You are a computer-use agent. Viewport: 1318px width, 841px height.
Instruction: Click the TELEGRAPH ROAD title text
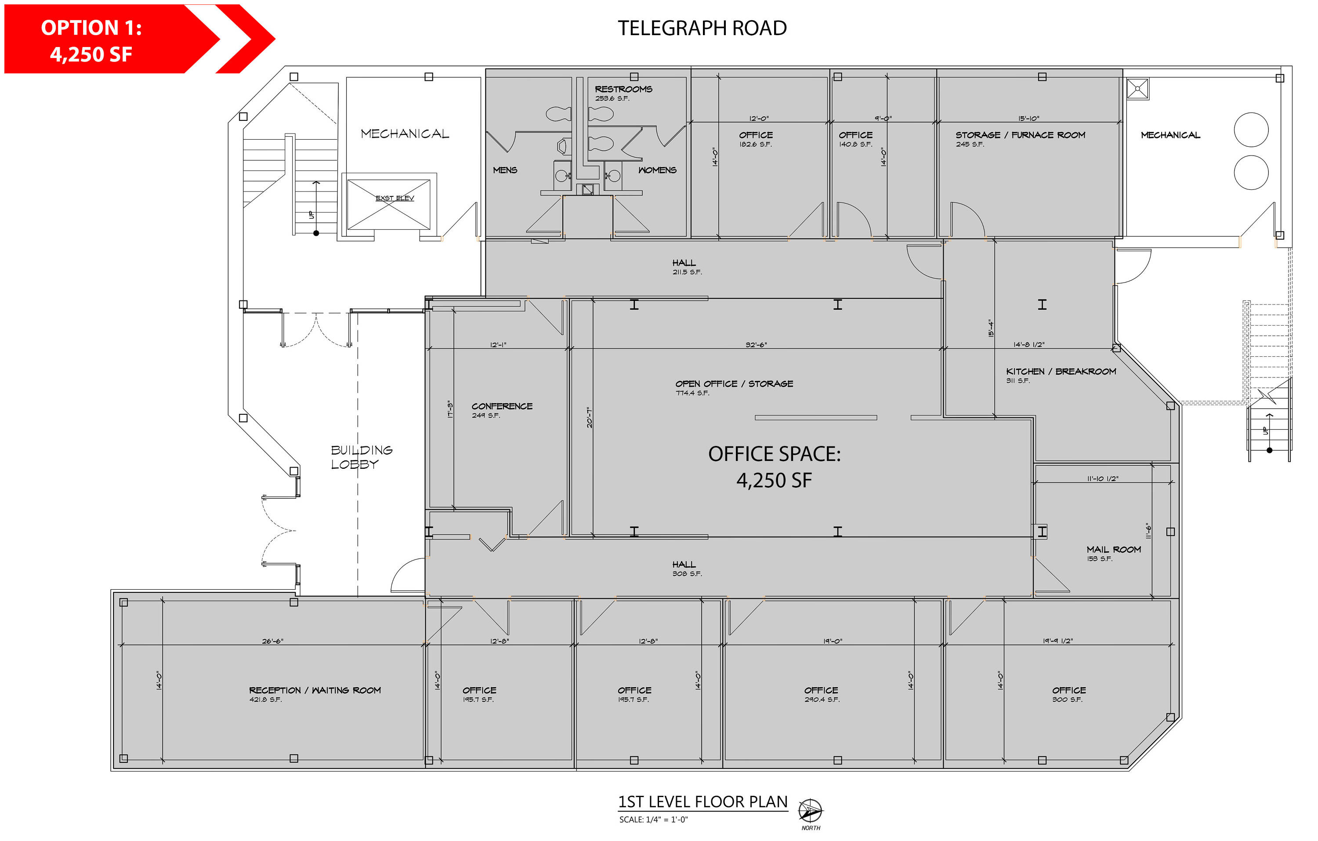click(x=702, y=28)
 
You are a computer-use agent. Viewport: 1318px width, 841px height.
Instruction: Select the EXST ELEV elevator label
click(x=395, y=198)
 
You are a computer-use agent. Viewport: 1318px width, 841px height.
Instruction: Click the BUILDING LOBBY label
click(x=361, y=457)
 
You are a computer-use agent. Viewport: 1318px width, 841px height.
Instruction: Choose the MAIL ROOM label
click(x=1114, y=549)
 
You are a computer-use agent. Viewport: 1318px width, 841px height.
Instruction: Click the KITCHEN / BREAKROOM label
click(x=1061, y=371)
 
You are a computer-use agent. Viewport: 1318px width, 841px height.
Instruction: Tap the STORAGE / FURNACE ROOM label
click(x=1020, y=135)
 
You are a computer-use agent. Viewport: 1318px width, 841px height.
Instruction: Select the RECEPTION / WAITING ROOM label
click(x=315, y=690)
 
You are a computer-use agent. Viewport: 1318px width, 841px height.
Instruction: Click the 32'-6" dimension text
click(x=756, y=344)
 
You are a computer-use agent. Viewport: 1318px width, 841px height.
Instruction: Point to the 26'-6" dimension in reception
click(x=272, y=641)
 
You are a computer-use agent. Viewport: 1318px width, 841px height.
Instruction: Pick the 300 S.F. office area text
click(x=1067, y=699)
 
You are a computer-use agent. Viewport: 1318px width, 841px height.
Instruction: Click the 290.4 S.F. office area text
click(x=822, y=699)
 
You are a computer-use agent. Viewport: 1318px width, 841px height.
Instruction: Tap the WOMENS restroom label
click(x=657, y=170)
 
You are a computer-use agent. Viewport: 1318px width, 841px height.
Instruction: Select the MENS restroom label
click(x=505, y=170)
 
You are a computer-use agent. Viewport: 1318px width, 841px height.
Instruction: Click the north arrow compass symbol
click(x=810, y=810)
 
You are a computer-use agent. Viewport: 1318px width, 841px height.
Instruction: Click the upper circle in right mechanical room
click(x=1251, y=129)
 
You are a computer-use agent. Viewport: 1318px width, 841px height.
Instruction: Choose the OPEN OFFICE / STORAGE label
click(x=734, y=383)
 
